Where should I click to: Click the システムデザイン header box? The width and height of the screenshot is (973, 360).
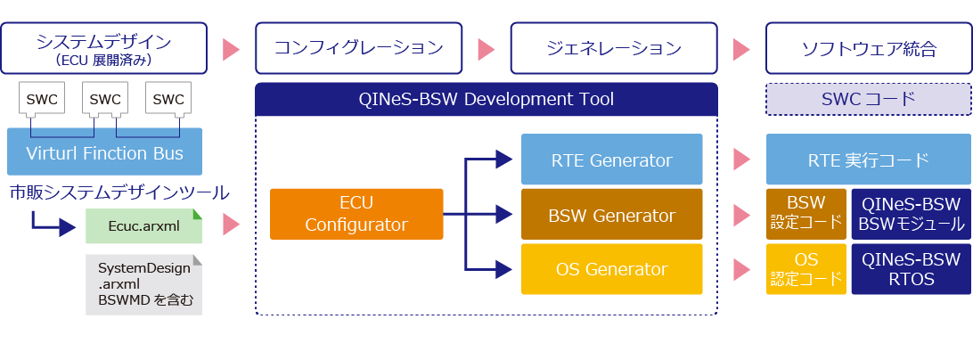(104, 49)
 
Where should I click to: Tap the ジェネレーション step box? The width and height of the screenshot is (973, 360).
(614, 49)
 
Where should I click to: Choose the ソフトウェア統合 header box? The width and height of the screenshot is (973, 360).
(868, 49)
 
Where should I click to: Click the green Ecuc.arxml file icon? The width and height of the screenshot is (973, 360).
(143, 226)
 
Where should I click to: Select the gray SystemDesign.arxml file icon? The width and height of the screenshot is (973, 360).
(143, 284)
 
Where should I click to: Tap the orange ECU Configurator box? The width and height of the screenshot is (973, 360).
(356, 214)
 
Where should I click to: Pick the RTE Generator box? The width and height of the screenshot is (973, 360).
(611, 160)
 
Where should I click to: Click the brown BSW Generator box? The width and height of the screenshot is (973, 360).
(611, 215)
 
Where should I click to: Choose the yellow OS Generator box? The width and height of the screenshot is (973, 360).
(611, 269)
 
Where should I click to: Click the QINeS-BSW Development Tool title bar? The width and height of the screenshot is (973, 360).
(487, 99)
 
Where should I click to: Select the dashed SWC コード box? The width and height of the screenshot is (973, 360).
(868, 99)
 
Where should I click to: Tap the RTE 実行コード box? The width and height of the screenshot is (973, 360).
(868, 160)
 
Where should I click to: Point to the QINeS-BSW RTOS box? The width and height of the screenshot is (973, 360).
(911, 269)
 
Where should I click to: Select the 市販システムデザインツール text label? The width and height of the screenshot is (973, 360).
(119, 192)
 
